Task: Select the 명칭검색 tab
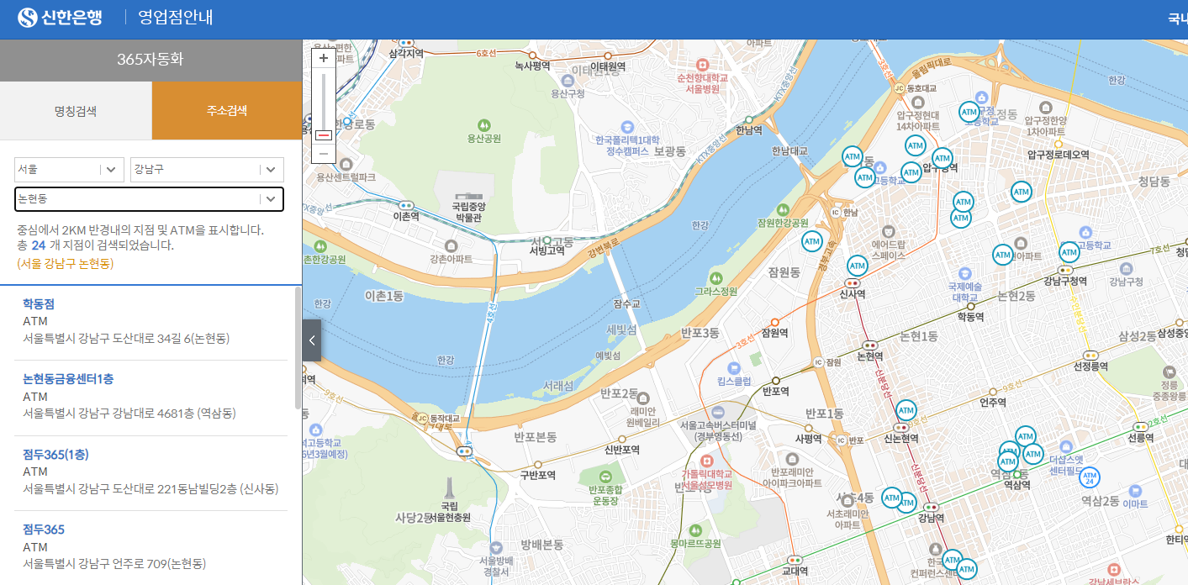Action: pyautogui.click(x=76, y=110)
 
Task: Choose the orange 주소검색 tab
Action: pyautogui.click(x=227, y=110)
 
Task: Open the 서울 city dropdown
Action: pyautogui.click(x=69, y=169)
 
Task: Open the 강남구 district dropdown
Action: pyautogui.click(x=207, y=169)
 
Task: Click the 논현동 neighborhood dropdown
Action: pyautogui.click(x=149, y=199)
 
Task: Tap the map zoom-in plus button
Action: pyautogui.click(x=324, y=58)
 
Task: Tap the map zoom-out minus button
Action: pyautogui.click(x=324, y=154)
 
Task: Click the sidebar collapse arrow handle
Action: pyautogui.click(x=311, y=340)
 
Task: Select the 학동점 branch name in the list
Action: pyautogui.click(x=39, y=303)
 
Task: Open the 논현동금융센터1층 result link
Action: pyautogui.click(x=68, y=379)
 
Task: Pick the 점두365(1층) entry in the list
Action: pyautogui.click(x=55, y=455)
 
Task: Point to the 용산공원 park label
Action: pyautogui.click(x=483, y=138)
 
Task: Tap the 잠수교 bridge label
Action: pyautogui.click(x=626, y=303)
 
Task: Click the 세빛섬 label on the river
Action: pyautogui.click(x=620, y=328)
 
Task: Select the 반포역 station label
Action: pyautogui.click(x=774, y=391)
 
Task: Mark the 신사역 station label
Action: pyautogui.click(x=853, y=294)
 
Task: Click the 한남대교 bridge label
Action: pyautogui.click(x=789, y=151)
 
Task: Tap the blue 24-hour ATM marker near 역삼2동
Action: pyautogui.click(x=1090, y=477)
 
